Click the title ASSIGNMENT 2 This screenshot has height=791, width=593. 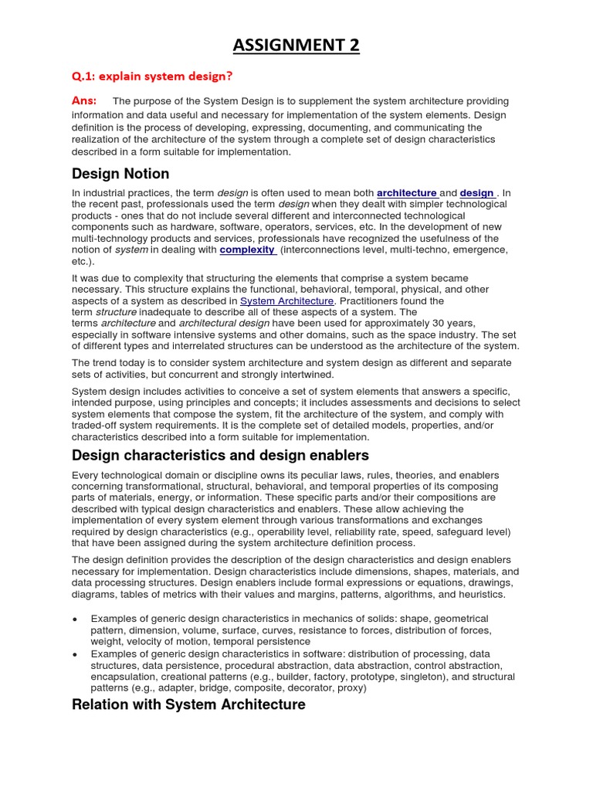click(296, 46)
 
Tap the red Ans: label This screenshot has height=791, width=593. click(84, 100)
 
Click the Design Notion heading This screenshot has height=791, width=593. click(120, 174)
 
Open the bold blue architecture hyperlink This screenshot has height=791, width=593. click(407, 193)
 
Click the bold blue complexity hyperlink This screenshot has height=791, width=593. click(248, 250)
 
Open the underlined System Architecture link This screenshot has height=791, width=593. click(286, 300)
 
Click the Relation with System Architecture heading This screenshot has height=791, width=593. click(188, 704)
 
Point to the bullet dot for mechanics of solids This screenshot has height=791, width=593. click(74, 620)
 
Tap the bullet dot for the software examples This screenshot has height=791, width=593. click(74, 654)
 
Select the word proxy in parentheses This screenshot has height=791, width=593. click(351, 687)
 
